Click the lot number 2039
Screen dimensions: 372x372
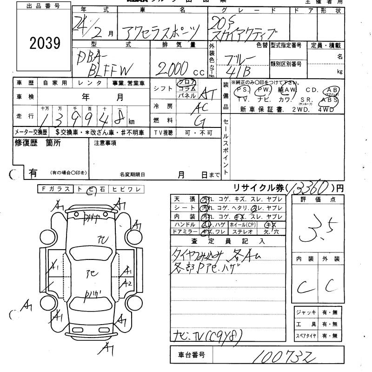[x=45, y=43]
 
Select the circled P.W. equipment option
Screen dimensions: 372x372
[x=264, y=89]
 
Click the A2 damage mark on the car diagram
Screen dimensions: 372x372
[x=126, y=283]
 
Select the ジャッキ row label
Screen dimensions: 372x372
[x=306, y=312]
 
